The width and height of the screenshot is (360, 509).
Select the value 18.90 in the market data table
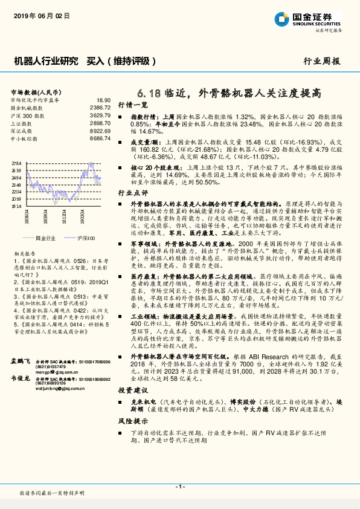[103, 100]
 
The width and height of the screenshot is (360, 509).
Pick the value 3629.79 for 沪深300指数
[100, 115]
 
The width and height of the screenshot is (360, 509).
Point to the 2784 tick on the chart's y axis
[16, 164]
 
